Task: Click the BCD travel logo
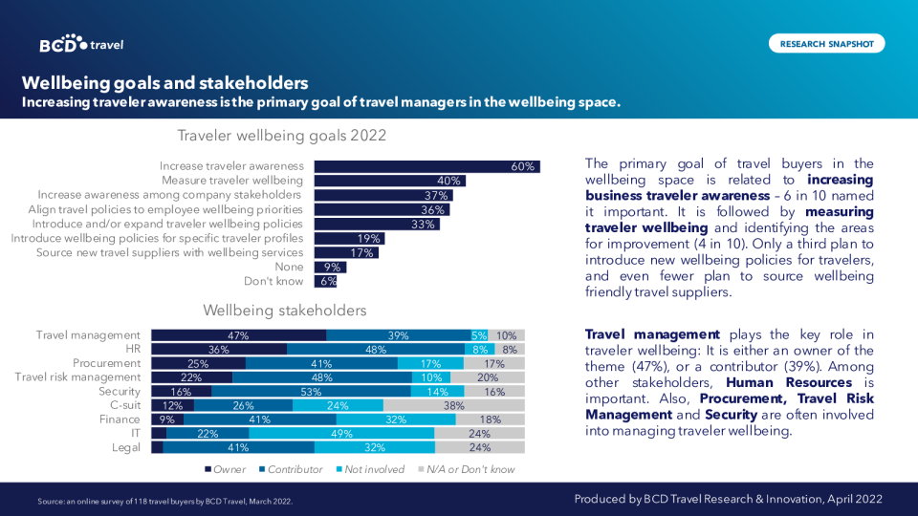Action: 81,44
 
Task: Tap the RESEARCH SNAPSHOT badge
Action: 826,43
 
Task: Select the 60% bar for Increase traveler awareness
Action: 426,166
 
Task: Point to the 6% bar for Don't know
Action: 326,281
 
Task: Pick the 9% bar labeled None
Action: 330,268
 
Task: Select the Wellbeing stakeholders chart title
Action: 284,311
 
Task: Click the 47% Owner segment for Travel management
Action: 238,335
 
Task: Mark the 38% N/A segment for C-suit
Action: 454,405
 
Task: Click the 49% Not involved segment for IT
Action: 341,434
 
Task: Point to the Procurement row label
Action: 107,363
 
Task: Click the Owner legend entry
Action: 226,469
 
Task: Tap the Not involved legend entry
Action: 367,469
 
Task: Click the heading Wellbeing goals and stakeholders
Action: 164,82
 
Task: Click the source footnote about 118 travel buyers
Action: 164,501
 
